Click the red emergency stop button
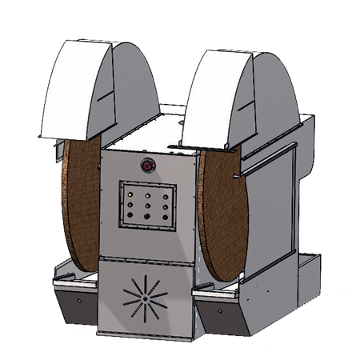click(x=148, y=166)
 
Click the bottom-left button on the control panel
click(x=130, y=217)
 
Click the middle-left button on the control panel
click(x=130, y=205)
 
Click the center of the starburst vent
click(x=145, y=298)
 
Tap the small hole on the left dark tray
click(x=81, y=302)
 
